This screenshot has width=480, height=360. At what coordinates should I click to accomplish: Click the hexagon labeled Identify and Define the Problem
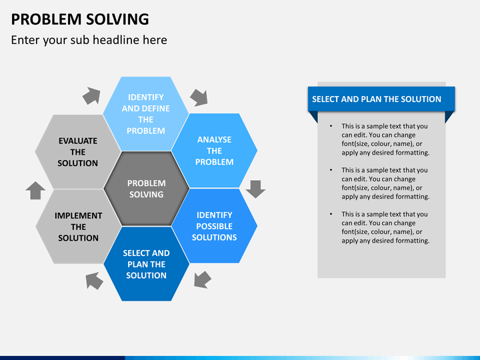pyautogui.click(x=146, y=113)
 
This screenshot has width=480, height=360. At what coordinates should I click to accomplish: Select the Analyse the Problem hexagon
pyautogui.click(x=214, y=151)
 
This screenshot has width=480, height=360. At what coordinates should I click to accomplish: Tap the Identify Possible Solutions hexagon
pyautogui.click(x=214, y=226)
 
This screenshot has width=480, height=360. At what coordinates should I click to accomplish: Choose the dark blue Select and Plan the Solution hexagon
pyautogui.click(x=146, y=264)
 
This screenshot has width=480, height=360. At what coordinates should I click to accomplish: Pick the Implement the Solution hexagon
pyautogui.click(x=79, y=227)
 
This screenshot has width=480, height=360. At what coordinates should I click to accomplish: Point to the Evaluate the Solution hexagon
pyautogui.click(x=78, y=152)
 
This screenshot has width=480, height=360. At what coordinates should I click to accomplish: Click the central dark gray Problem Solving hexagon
pyautogui.click(x=146, y=189)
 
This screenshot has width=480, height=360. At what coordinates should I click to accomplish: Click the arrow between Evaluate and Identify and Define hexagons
pyautogui.click(x=91, y=95)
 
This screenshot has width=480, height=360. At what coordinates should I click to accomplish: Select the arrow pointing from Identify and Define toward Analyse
pyautogui.click(x=199, y=97)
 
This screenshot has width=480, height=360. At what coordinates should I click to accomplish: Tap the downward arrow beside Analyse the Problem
pyautogui.click(x=255, y=189)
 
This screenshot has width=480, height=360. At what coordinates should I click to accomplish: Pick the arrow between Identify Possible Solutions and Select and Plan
pyautogui.click(x=202, y=280)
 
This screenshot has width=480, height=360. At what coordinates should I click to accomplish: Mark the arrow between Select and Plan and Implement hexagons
pyautogui.click(x=94, y=281)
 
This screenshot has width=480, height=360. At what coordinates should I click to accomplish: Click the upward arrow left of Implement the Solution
pyautogui.click(x=35, y=191)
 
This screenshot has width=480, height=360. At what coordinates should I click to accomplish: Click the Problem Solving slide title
pyautogui.click(x=80, y=19)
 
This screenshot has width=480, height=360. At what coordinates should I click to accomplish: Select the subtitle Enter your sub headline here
pyautogui.click(x=89, y=40)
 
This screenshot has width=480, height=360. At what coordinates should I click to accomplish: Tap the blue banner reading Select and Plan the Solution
pyautogui.click(x=381, y=99)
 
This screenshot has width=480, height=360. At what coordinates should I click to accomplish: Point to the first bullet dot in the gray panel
pyautogui.click(x=331, y=126)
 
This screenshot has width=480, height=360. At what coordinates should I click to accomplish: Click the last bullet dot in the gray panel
pyautogui.click(x=331, y=214)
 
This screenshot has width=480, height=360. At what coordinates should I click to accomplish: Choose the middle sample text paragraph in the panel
pyautogui.click(x=385, y=183)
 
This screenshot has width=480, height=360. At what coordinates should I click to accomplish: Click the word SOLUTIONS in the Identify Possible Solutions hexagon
pyautogui.click(x=214, y=237)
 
